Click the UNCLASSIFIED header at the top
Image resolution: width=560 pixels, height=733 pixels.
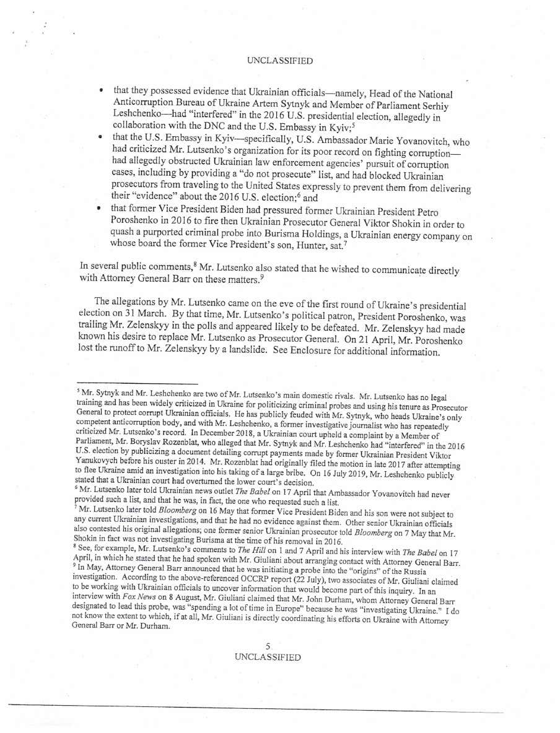pyautogui.click(x=279, y=61)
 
